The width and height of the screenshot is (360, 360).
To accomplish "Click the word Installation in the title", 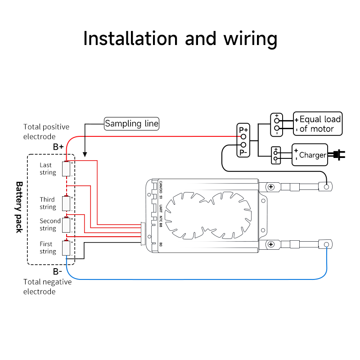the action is pos(130,38).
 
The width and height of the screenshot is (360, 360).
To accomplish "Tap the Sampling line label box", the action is pos(131,124).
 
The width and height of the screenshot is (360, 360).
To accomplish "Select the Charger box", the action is pos(310,155).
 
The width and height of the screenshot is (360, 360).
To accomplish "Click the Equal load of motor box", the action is pos(318,124).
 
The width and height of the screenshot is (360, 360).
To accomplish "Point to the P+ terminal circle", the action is pos(243,137).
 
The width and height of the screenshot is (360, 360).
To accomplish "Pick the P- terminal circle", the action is pos(243,144).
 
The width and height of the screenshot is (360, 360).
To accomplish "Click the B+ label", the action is pos(58,147).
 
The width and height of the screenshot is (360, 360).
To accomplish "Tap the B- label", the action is pos(58,272).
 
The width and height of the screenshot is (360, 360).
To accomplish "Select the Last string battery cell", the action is pos(66,169).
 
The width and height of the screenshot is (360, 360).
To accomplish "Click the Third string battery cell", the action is pos(66,203).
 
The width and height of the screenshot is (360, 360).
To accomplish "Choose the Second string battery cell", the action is pos(66,225).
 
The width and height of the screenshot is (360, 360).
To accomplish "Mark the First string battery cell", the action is pos(66,248).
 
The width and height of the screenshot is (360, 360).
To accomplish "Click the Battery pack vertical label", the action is pos(19,207).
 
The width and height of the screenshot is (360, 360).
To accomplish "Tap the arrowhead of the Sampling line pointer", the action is pos(85,154).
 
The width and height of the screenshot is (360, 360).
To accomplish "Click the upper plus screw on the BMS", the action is pos(271,187).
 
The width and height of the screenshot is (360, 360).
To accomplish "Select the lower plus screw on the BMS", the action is pos(271,244).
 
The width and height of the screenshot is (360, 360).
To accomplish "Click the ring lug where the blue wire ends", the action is pos(326,245).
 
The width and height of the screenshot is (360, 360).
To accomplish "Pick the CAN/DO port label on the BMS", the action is pos(161,187).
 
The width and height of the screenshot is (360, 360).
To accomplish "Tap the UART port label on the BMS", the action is pos(161,208).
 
